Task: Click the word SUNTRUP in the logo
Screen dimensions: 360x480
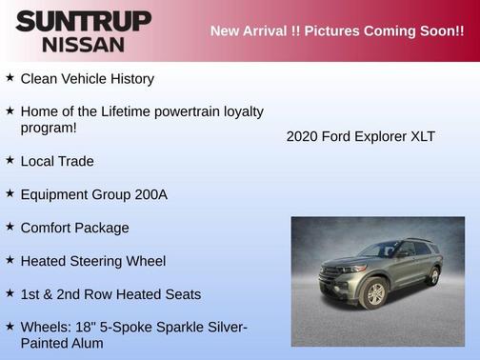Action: point(83,21)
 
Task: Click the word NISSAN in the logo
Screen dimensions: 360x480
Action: point(83,44)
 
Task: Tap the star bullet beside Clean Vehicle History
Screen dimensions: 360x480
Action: point(10,78)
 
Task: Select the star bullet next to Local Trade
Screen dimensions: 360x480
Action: point(10,161)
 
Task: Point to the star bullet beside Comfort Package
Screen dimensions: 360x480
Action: point(10,228)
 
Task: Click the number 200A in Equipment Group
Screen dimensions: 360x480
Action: point(150,194)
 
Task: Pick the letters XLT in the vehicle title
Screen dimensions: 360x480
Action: point(422,136)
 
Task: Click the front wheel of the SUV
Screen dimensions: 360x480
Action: point(376,294)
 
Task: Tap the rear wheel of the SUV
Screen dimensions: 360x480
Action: point(434,276)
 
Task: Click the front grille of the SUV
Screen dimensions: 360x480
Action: point(332,274)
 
